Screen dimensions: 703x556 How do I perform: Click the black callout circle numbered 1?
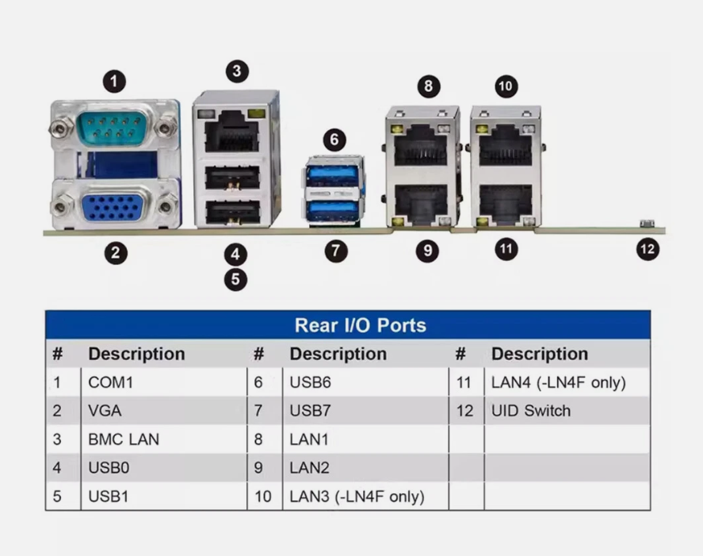114,81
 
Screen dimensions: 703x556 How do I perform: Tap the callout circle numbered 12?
648,249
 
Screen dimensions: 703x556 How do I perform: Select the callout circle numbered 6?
334,140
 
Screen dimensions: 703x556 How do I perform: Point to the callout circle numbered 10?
506,86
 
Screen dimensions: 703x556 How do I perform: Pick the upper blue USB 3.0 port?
332,175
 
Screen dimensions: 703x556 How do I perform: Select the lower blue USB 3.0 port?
332,210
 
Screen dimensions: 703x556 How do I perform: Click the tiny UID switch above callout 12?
647,223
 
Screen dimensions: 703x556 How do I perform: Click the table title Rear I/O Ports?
361,325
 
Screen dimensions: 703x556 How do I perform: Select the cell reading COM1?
110,382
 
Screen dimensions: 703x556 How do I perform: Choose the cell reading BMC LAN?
124,439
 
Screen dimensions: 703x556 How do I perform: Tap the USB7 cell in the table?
310,411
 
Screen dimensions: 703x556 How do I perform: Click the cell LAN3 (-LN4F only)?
357,497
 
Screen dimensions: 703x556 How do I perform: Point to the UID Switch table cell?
531,411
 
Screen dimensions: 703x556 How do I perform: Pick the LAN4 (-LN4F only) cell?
559,382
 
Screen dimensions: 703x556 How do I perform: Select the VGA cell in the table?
105,411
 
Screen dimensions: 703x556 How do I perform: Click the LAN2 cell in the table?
309,468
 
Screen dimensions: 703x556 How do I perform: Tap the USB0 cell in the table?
109,468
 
